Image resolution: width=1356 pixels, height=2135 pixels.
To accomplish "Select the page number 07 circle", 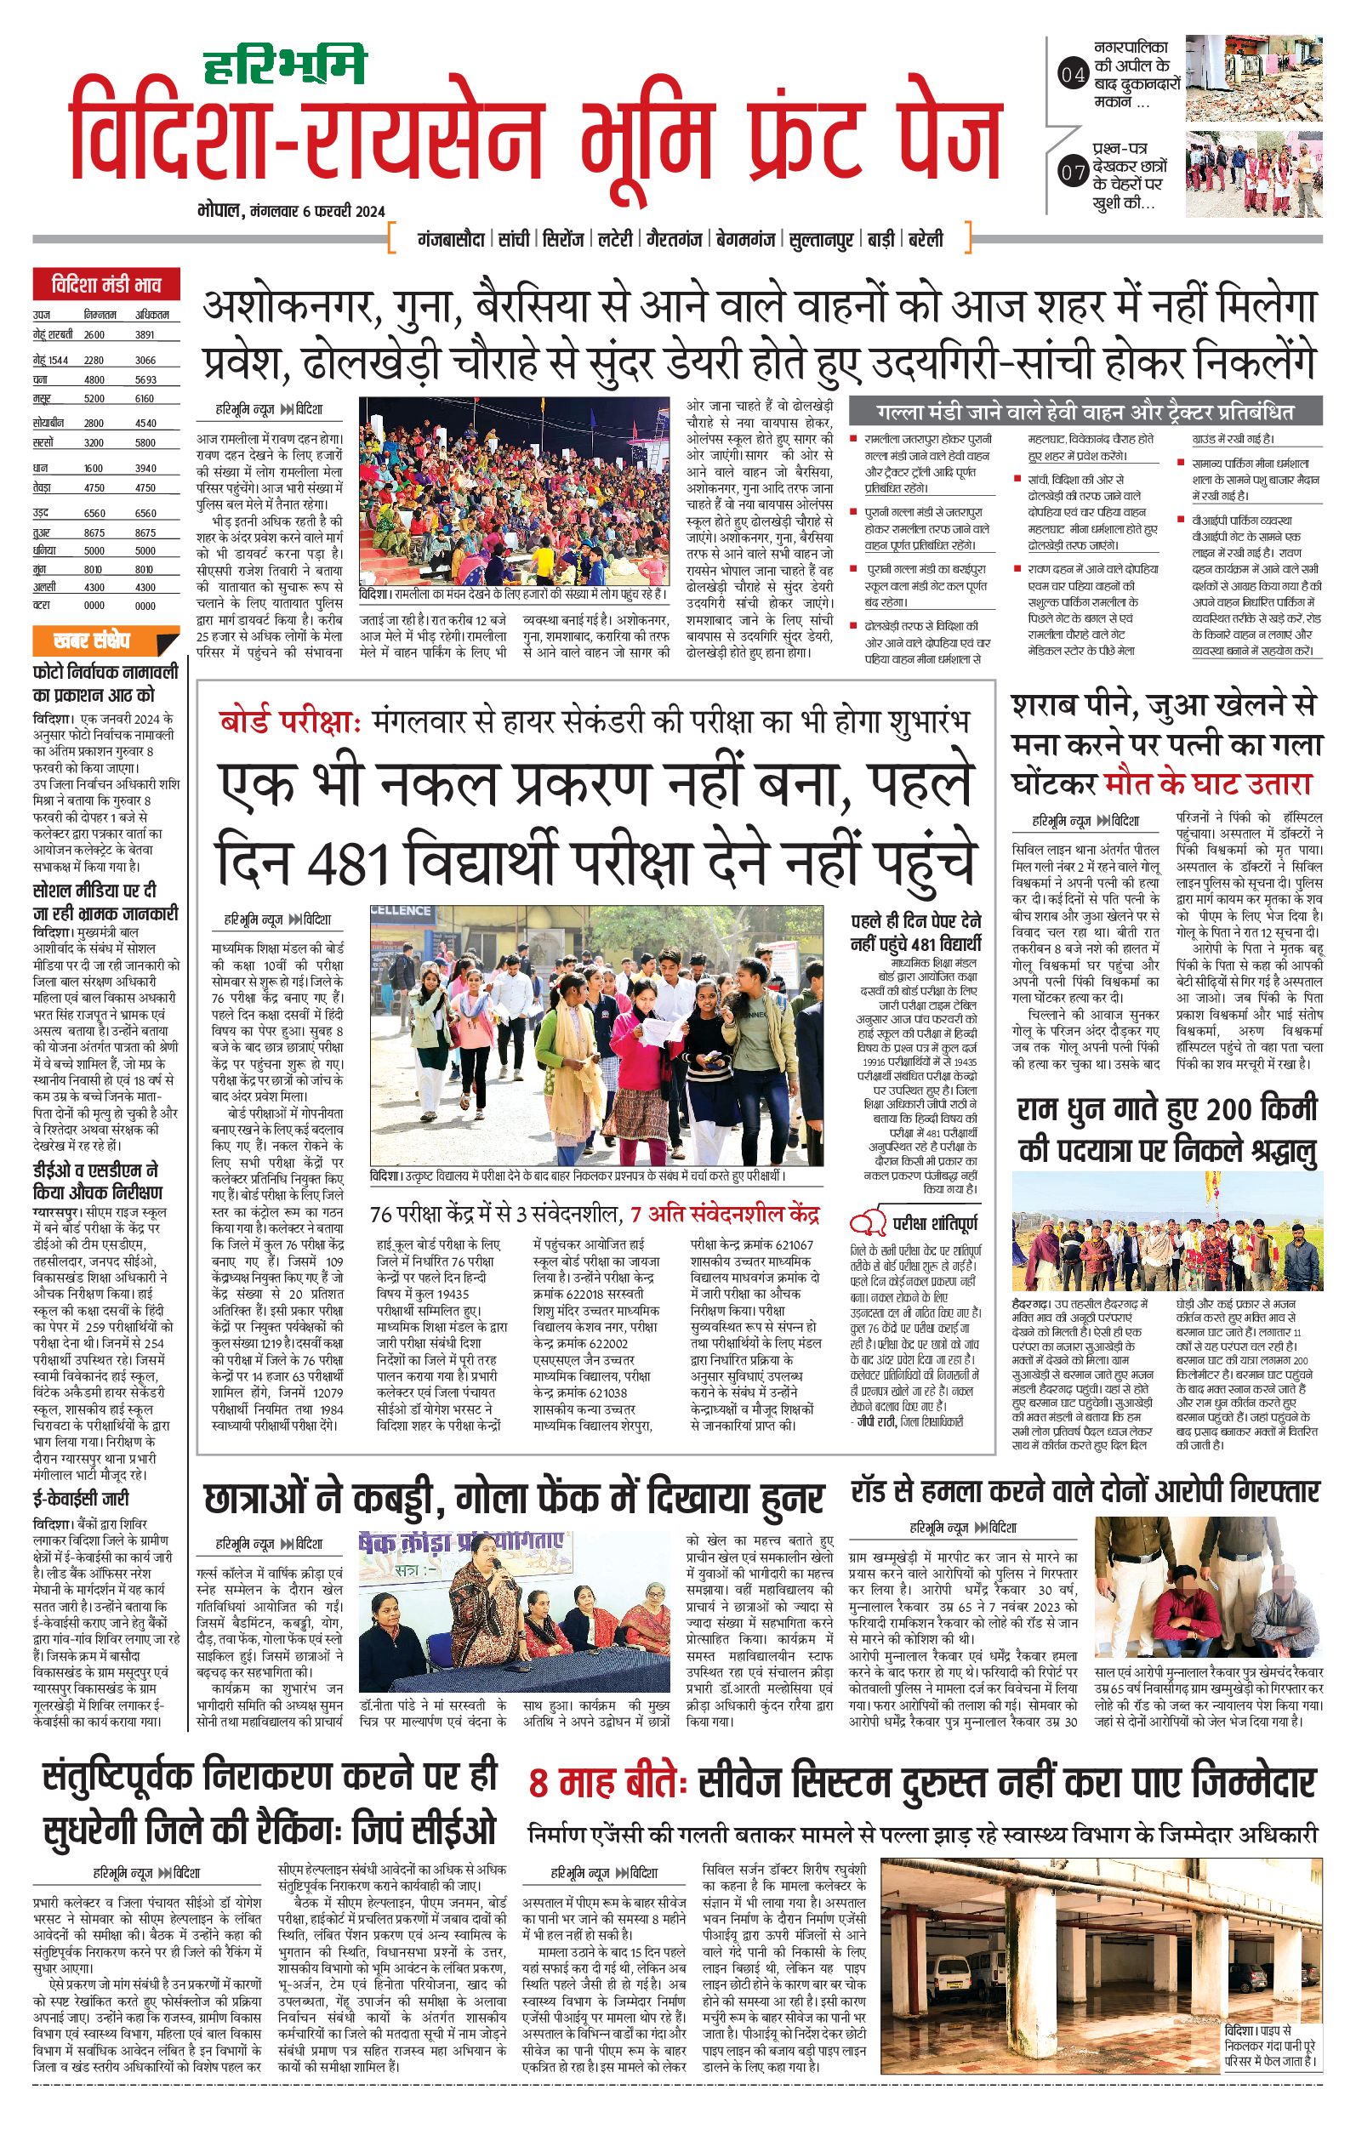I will pos(1073,172).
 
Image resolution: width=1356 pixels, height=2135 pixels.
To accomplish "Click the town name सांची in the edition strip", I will pos(514,239).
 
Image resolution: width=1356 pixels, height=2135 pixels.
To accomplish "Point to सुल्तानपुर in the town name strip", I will pos(820,239).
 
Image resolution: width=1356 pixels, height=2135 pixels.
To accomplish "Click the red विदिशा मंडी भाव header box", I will pos(105,286).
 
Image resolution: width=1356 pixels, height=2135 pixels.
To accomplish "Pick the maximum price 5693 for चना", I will pos(145,379).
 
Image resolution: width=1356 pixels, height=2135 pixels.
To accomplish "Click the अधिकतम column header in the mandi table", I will pos(151,315).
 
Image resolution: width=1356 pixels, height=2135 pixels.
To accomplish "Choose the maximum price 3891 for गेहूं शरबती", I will pos(145,335).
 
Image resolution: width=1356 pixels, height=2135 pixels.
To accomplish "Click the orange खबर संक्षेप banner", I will pos(105,640).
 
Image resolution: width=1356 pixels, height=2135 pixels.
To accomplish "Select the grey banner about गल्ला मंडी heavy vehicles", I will pos(1085,412).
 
